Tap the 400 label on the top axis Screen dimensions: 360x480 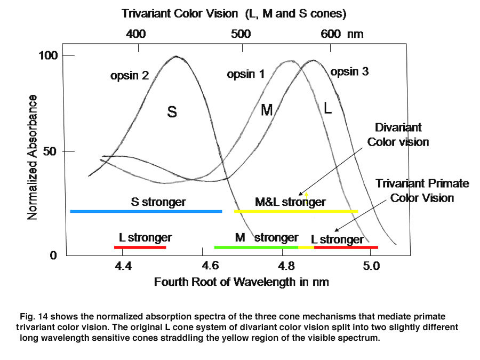(x=135, y=34)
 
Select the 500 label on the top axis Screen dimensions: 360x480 (x=241, y=34)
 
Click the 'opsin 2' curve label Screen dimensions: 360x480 (x=129, y=76)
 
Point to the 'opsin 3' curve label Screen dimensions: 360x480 (x=349, y=71)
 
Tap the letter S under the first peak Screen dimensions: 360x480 (x=172, y=113)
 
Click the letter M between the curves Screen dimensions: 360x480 (x=267, y=110)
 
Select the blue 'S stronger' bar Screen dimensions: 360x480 (x=146, y=212)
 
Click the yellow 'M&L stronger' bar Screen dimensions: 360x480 (x=295, y=212)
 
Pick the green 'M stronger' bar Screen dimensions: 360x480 (x=255, y=247)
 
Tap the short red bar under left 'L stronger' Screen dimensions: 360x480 (x=140, y=247)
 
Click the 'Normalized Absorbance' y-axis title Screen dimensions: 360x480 (x=33, y=157)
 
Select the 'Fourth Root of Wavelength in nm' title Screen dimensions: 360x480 (x=241, y=282)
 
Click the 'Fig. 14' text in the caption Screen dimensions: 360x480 (x=33, y=317)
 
